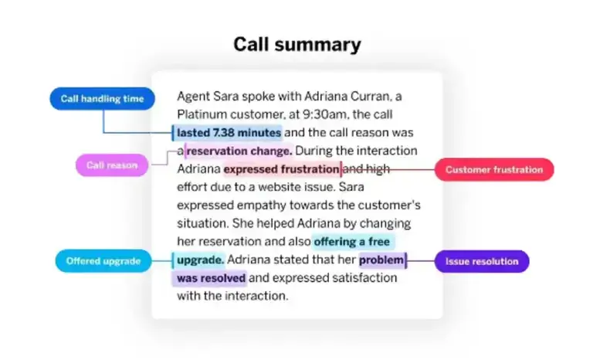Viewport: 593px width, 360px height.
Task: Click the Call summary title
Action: (x=296, y=44)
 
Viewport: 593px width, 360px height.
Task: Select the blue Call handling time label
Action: (x=102, y=99)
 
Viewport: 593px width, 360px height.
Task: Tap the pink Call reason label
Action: (x=111, y=165)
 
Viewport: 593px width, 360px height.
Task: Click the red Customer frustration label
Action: (x=494, y=169)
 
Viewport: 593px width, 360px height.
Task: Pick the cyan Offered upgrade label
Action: (x=103, y=261)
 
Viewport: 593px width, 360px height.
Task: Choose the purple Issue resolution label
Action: (x=481, y=261)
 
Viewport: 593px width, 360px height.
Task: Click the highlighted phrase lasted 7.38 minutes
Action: (x=228, y=133)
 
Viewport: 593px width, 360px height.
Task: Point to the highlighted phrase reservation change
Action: (x=239, y=151)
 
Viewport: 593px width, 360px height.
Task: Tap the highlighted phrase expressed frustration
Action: (x=281, y=169)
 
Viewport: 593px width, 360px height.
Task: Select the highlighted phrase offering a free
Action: (x=354, y=242)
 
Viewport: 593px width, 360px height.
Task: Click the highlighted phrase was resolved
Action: (x=211, y=278)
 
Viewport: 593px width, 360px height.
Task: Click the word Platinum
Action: (x=203, y=115)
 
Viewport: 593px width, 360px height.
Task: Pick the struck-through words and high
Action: (x=367, y=169)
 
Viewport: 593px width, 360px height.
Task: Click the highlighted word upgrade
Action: (x=199, y=260)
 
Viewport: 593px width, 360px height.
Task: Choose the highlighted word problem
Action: (x=381, y=260)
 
